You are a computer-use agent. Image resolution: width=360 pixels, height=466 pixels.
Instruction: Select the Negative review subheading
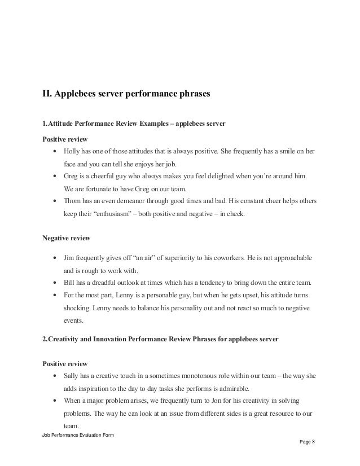(65, 238)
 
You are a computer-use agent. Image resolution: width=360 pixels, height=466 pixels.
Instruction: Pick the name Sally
(72, 375)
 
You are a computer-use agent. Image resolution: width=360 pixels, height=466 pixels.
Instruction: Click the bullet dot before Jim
(54, 258)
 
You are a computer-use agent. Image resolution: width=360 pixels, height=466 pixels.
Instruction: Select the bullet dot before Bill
(54, 283)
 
